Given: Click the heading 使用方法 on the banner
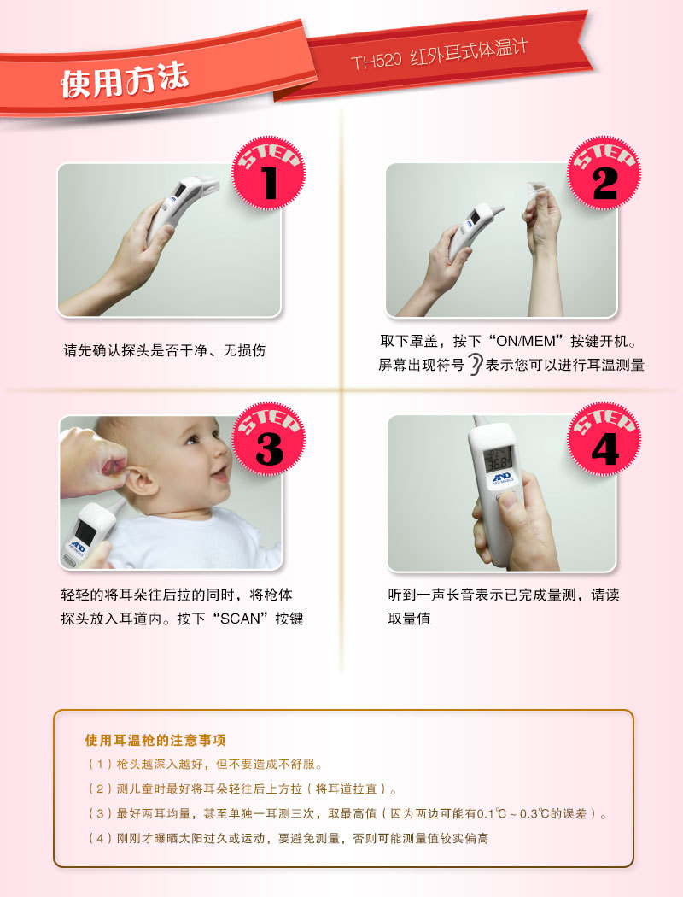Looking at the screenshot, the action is click(x=125, y=79).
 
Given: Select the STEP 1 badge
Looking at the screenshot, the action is click(x=269, y=173).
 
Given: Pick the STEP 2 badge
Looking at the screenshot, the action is click(x=604, y=173).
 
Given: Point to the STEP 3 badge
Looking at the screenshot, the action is click(x=269, y=439).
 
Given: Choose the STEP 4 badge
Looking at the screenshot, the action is click(x=604, y=439).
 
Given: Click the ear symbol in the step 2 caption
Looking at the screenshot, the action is click(x=475, y=365).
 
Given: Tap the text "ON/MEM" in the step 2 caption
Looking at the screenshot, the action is click(x=526, y=342).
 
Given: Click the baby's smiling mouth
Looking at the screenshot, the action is click(x=220, y=474).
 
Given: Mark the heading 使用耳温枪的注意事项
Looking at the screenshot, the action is click(x=155, y=741).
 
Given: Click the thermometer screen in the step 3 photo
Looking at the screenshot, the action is click(x=85, y=532).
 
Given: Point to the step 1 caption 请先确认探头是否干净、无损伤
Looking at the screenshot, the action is click(x=165, y=350).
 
